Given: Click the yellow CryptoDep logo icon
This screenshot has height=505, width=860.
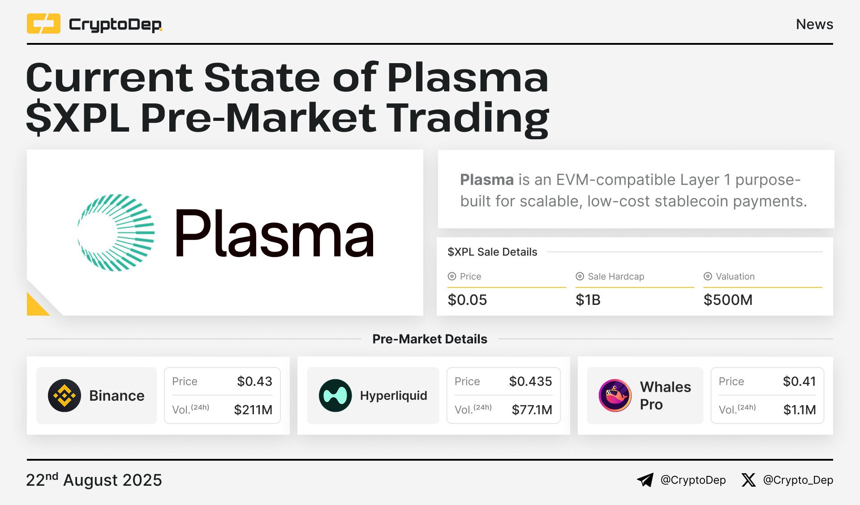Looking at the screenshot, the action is (x=43, y=24).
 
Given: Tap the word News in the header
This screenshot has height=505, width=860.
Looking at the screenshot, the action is (x=814, y=24).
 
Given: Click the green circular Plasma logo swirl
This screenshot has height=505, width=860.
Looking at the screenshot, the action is (x=116, y=233).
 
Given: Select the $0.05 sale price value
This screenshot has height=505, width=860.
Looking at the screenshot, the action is (x=467, y=300).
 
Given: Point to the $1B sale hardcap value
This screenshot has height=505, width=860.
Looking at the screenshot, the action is (x=588, y=300).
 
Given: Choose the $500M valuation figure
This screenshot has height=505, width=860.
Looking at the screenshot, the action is (x=728, y=300).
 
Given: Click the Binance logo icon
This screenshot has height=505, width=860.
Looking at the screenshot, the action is (x=64, y=396).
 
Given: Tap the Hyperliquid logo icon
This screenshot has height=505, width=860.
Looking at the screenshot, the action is (x=335, y=396).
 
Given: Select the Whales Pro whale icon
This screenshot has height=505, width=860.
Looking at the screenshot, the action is (x=615, y=396).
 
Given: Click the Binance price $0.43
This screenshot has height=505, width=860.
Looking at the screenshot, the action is (x=254, y=381).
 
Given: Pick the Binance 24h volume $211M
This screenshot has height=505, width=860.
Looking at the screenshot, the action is (x=253, y=410).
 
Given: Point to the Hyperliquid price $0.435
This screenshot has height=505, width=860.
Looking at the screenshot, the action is (x=530, y=381).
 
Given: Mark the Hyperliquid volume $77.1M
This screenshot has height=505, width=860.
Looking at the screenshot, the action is (x=532, y=410).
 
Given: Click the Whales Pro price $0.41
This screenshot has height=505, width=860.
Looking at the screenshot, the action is (x=799, y=381).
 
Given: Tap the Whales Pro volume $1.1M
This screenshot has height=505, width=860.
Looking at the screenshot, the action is (x=800, y=410).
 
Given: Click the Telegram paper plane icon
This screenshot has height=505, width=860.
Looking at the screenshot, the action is (x=645, y=480).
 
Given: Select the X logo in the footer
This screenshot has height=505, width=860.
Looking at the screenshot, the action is (x=748, y=480).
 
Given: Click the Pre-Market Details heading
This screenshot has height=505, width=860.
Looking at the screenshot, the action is (x=430, y=339).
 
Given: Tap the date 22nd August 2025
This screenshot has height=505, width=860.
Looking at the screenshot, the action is (x=94, y=480).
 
